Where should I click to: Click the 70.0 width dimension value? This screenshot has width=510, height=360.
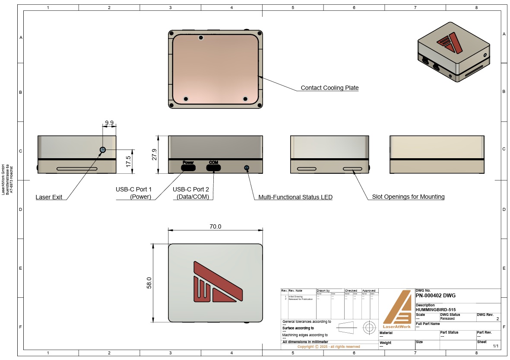215,226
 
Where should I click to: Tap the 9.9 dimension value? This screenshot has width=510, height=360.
109,123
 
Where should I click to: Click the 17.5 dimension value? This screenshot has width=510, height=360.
128,161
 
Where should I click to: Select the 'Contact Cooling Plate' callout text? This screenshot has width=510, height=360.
329,88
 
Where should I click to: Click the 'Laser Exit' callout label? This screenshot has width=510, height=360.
49,197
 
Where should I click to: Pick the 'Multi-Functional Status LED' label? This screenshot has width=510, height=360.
295,197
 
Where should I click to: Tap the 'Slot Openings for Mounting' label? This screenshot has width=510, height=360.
408,197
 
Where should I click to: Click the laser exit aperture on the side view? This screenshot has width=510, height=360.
103,150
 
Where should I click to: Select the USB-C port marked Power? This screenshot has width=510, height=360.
188,167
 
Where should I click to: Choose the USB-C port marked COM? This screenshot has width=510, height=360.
213,167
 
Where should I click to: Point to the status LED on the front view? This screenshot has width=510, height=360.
247,167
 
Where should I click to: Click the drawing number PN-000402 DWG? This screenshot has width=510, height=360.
435,296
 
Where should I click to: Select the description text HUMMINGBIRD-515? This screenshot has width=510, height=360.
435,309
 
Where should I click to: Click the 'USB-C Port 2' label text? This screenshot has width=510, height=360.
191,189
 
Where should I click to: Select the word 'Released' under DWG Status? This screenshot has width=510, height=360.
447,319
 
